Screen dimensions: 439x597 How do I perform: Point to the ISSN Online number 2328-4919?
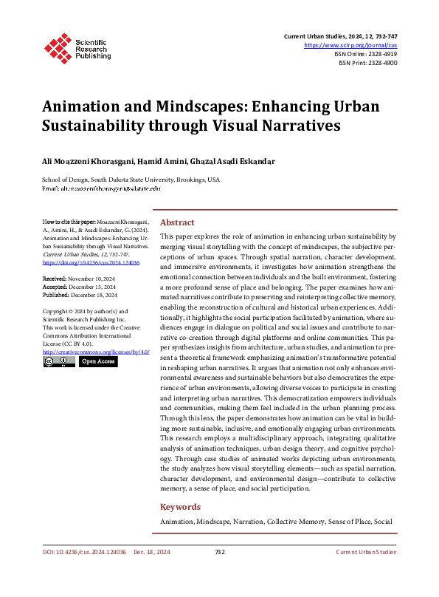381,54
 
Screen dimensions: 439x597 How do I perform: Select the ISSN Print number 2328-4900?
381,64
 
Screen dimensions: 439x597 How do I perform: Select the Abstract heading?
177,222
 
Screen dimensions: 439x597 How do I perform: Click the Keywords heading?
180,507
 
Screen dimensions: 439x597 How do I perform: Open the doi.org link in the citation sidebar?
91,262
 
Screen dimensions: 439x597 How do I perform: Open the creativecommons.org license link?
97,352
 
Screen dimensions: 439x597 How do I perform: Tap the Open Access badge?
98,362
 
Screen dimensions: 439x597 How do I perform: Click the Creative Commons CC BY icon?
58,362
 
